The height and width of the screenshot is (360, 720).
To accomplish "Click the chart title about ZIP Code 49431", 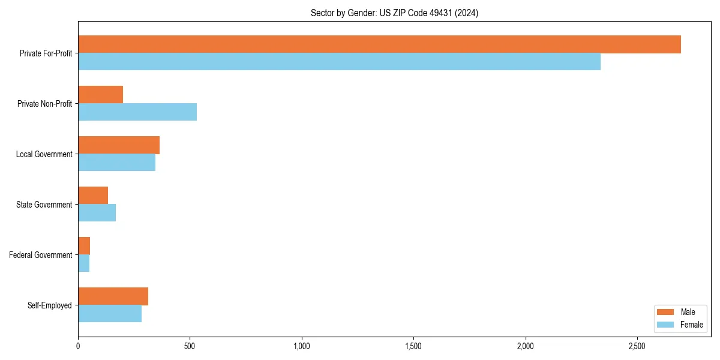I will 394,13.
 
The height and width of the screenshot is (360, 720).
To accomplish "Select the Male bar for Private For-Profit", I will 379,44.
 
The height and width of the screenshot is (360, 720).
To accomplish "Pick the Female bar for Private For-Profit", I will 339,62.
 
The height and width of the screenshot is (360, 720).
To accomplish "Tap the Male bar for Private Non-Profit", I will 100,95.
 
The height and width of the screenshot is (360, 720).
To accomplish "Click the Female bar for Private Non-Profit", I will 137,112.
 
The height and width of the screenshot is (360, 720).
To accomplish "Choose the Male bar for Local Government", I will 119,145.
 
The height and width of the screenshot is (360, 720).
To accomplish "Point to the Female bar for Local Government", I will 116,163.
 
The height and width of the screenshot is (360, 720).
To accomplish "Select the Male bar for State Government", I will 93,196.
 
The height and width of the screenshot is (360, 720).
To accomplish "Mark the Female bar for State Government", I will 97,213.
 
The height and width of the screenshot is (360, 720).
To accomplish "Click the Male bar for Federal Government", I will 84,246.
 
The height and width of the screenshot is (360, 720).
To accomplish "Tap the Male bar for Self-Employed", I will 113,296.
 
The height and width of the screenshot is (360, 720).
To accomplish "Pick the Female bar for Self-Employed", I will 110,314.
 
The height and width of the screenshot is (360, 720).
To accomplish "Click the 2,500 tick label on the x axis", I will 637,346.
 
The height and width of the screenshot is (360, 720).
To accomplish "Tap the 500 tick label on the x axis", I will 190,346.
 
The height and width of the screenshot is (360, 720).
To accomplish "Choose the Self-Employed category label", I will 49,305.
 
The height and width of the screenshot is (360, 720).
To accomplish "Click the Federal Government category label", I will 41,255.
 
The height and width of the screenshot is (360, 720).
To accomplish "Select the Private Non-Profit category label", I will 44,104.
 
